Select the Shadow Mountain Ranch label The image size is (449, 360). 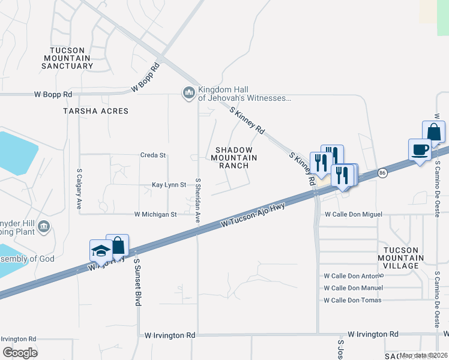[234, 157]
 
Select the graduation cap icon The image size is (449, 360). [100, 250]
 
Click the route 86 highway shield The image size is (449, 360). [382, 173]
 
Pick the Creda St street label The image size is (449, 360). [153, 155]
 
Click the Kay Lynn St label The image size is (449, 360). [169, 185]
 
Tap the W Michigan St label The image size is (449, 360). [155, 214]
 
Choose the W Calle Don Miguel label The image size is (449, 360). [353, 214]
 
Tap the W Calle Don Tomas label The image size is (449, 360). [352, 300]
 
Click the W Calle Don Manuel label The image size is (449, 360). [353, 288]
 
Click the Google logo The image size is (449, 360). [20, 353]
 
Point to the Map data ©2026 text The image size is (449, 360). [423, 355]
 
